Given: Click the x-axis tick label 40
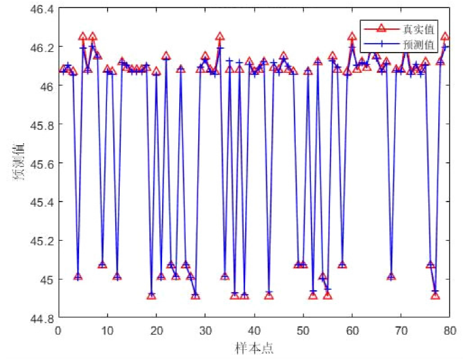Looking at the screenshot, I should [x=254, y=330].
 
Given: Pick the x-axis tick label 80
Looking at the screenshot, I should [x=450, y=330].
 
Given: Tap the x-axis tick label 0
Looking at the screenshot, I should [x=58, y=330].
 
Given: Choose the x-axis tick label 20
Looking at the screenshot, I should [x=156, y=330].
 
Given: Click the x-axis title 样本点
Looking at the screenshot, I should [x=254, y=347].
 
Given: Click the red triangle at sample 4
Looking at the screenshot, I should [x=78, y=277].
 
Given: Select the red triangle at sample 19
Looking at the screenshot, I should [x=151, y=296].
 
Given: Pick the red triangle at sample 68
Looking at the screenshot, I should [x=391, y=277].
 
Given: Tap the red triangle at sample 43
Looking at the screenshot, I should [x=269, y=296].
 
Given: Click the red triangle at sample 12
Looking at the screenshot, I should [x=117, y=277].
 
